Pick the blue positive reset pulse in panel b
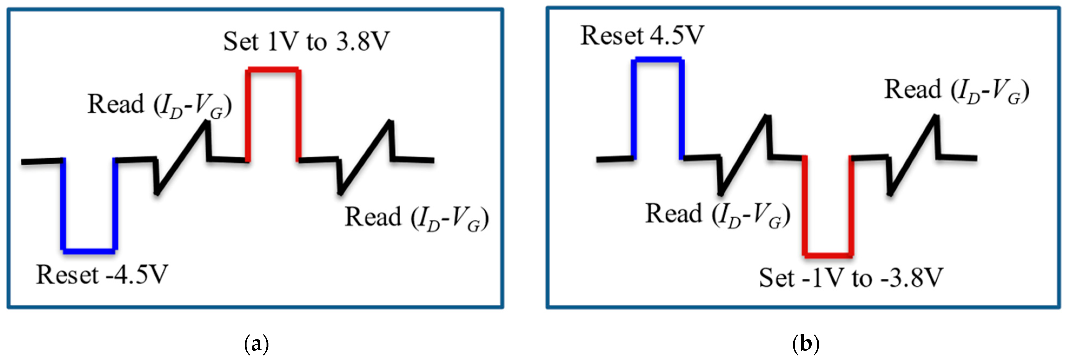(658, 60)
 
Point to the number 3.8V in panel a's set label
(363, 42)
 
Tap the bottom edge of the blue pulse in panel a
(89, 250)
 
